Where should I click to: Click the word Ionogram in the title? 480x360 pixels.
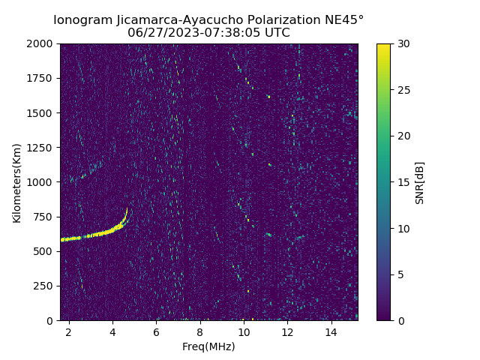tap(83, 20)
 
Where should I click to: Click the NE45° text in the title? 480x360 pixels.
tap(343, 20)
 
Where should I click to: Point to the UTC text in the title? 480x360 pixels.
tap(276, 33)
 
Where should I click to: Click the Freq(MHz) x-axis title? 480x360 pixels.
tap(208, 346)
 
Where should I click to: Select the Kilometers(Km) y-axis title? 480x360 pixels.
tap(16, 182)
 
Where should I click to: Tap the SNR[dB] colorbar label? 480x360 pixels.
tap(420, 182)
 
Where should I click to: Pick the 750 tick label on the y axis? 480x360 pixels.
tap(45, 217)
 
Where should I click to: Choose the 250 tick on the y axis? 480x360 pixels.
tap(45, 286)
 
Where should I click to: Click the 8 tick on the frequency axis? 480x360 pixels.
tap(200, 331)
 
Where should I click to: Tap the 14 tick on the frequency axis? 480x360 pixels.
tap(331, 331)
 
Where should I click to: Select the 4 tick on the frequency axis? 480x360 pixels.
tap(112, 331)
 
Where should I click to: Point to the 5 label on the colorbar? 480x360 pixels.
tap(399, 274)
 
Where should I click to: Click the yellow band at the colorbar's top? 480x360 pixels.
tap(383, 46)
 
